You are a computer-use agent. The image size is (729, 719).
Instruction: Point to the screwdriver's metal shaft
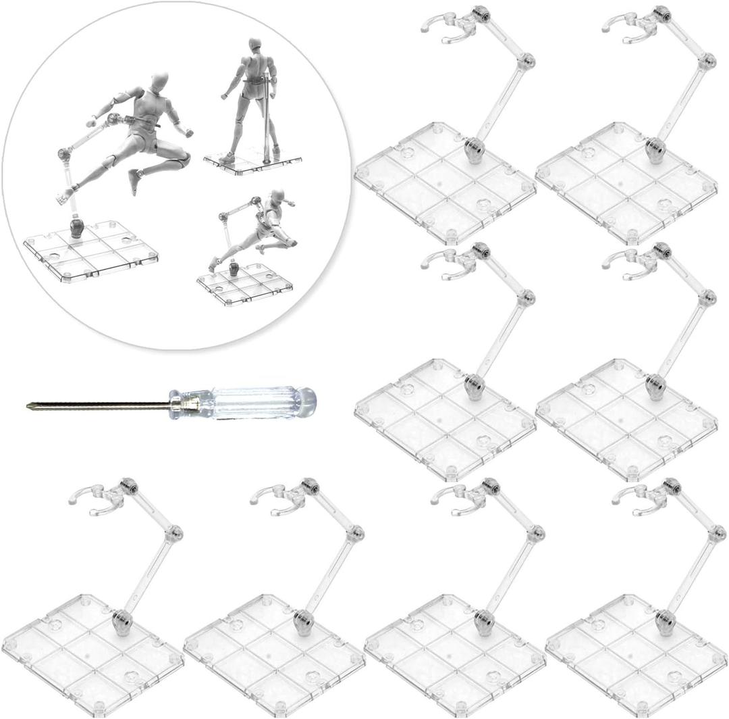point(101,405)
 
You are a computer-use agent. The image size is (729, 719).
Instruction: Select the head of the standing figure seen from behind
point(254,46)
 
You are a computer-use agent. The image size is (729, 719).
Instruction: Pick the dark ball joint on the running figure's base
point(234,269)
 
